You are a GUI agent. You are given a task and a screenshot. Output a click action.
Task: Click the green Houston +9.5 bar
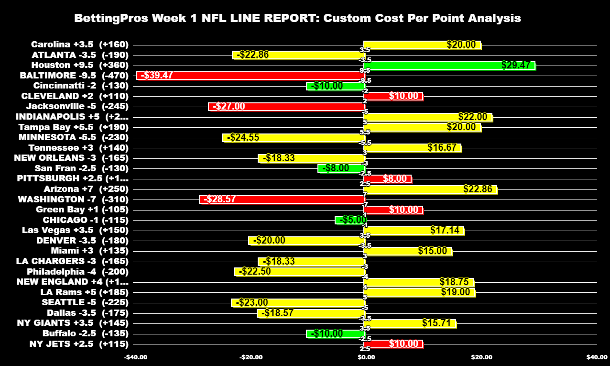tap(449, 66)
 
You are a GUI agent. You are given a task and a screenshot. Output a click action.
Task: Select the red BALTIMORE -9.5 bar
tap(251, 76)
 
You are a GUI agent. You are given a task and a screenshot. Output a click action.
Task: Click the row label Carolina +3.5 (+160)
tap(80, 44)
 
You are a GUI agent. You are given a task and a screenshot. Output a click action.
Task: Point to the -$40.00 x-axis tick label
tap(135, 357)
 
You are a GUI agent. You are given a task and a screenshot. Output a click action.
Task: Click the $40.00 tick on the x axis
tap(597, 357)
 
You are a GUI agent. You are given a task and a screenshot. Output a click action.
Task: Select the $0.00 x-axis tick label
tap(366, 357)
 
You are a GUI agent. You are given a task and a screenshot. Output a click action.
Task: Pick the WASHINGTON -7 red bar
tap(282, 199)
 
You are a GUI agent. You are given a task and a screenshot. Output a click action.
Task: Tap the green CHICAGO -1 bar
tap(350, 220)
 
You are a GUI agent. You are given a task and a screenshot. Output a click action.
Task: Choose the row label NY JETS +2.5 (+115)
tap(79, 344)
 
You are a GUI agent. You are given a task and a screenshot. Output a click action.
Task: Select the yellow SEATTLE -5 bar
tap(298, 302)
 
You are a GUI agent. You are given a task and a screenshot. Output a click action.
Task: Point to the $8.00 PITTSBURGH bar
tap(388, 179)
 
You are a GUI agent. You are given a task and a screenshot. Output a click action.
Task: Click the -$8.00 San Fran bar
tap(341, 168)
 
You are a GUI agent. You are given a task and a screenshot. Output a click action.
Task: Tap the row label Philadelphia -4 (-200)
tap(77, 271)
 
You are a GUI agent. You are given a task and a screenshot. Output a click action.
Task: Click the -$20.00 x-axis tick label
tap(251, 357)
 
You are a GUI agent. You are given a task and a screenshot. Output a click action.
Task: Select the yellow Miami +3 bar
tap(408, 251)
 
